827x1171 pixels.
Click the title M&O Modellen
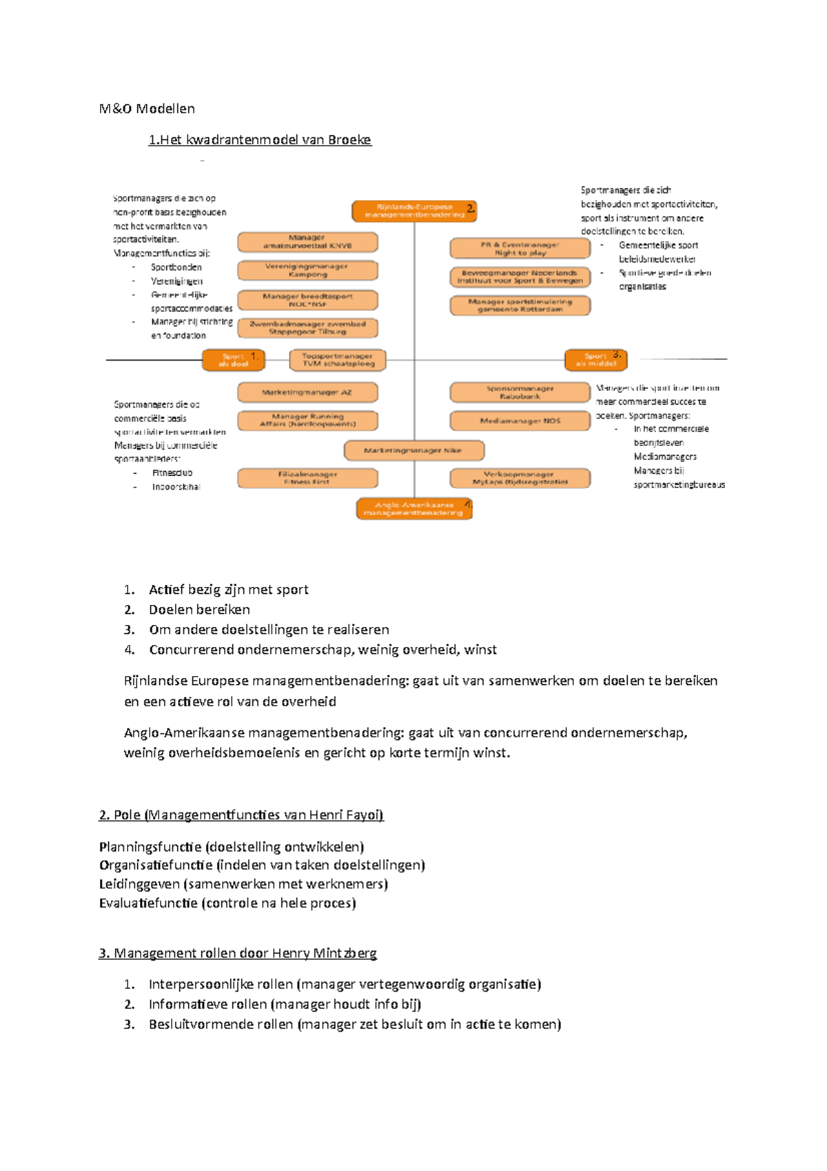147,109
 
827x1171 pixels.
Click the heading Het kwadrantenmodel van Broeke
260,140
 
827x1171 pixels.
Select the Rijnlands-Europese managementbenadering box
413,211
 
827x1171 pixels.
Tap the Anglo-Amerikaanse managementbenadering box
413,509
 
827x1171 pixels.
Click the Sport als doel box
233,360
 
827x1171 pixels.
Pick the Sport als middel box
595,360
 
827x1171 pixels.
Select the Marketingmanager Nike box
413,450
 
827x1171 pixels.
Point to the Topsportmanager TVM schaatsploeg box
337,360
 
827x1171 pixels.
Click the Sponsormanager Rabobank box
520,392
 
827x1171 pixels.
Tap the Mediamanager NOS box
520,421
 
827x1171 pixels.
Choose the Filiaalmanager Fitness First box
307,478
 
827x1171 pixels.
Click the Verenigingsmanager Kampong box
307,270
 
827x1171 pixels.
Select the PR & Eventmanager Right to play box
520,248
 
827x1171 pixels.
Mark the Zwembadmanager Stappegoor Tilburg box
307,328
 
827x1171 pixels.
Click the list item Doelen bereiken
199,610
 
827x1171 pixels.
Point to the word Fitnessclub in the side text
172,473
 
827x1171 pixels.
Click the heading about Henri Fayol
241,815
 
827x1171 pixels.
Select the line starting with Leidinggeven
243,884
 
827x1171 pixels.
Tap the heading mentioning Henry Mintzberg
238,953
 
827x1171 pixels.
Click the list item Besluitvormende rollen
355,1024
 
